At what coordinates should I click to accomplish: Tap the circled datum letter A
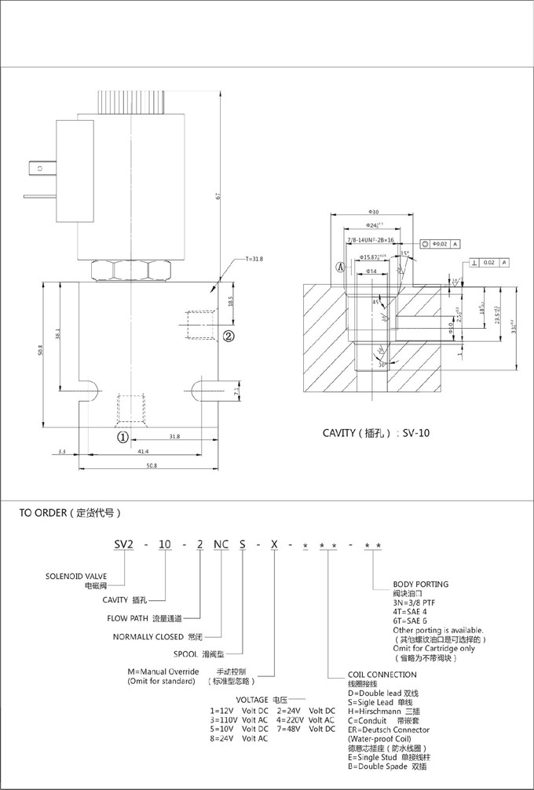pos(340,267)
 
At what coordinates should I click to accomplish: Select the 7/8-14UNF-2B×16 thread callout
pos(370,240)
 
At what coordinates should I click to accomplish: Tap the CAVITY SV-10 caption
pos(376,432)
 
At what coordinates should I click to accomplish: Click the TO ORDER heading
pos(70,514)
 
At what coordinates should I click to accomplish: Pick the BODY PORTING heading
pos(420,584)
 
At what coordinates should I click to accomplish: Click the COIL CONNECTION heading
pos(382,674)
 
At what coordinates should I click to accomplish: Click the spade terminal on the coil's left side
pos(37,166)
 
